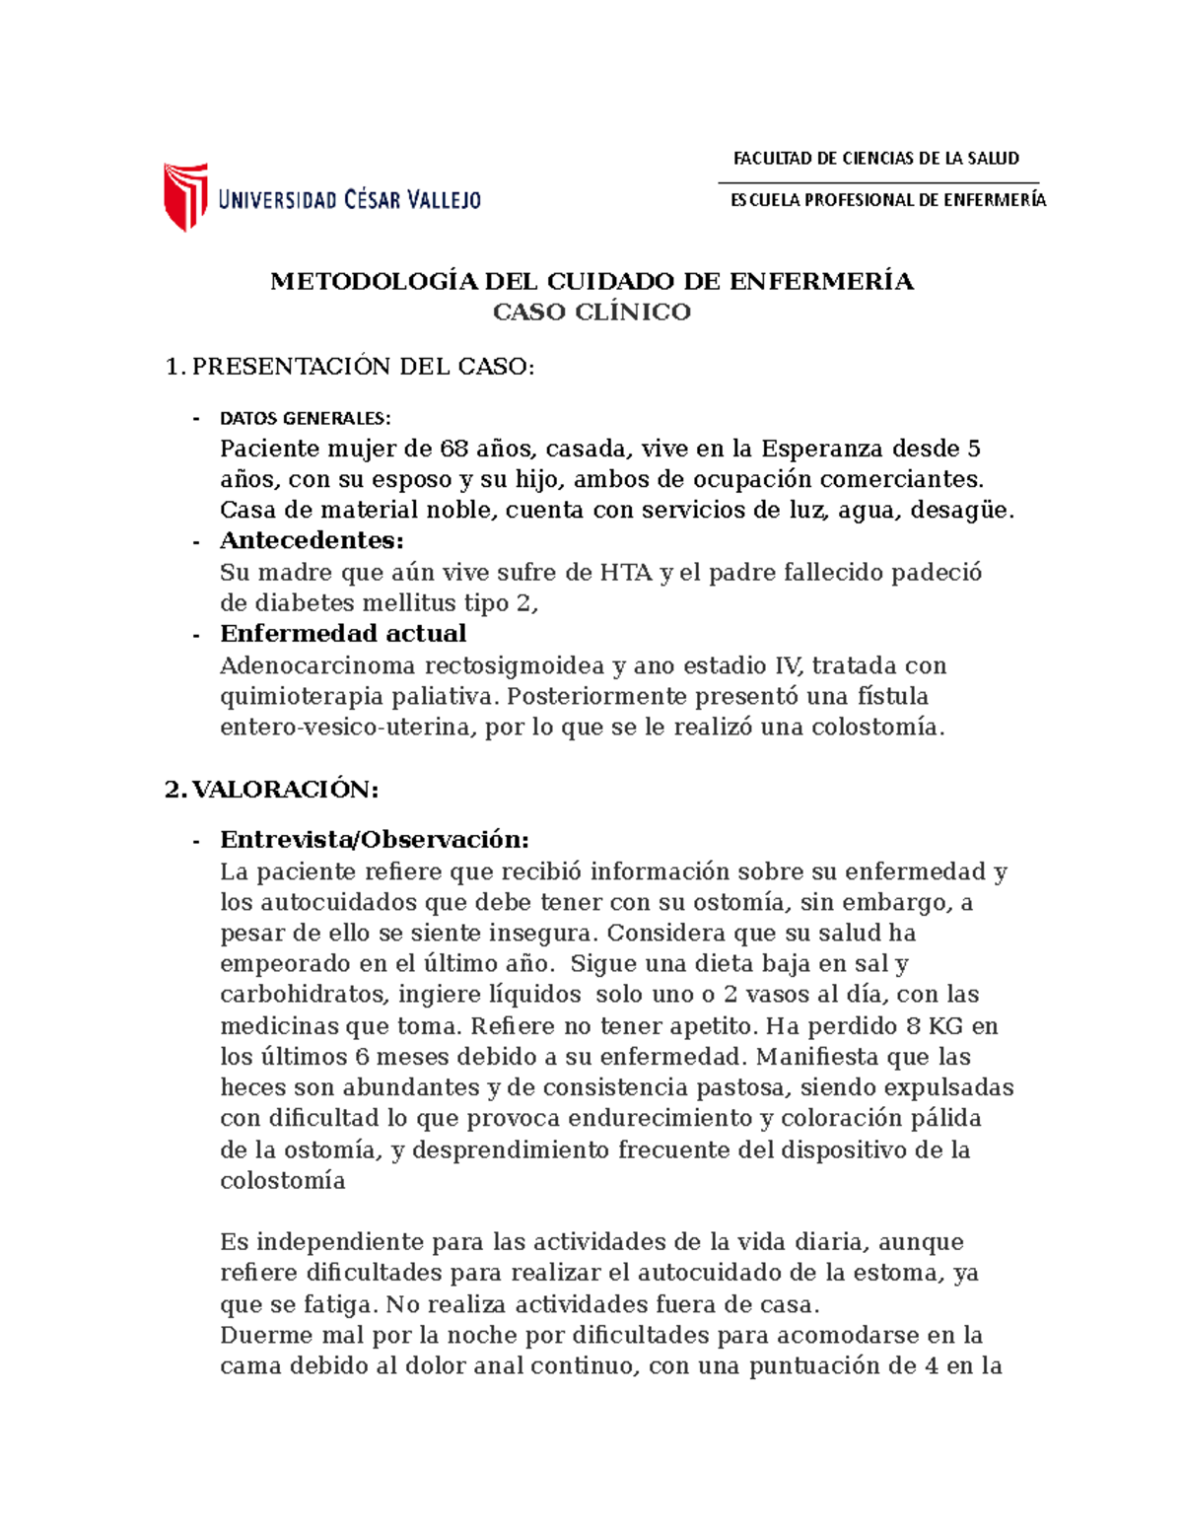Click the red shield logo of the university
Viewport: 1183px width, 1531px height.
click(184, 196)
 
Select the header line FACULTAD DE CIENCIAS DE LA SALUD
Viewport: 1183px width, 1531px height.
click(875, 159)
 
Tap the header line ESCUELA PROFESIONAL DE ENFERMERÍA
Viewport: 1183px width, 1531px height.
click(887, 200)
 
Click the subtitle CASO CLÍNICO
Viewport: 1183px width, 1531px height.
click(591, 313)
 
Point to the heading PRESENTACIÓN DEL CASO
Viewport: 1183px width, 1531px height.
click(363, 367)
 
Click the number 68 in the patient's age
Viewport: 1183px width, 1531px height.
click(453, 450)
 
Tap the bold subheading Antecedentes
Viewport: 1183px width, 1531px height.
click(312, 541)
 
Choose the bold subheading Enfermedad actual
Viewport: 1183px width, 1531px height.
click(343, 634)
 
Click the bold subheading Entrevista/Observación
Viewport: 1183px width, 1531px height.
click(375, 840)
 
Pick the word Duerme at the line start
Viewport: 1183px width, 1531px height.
click(259, 1336)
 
